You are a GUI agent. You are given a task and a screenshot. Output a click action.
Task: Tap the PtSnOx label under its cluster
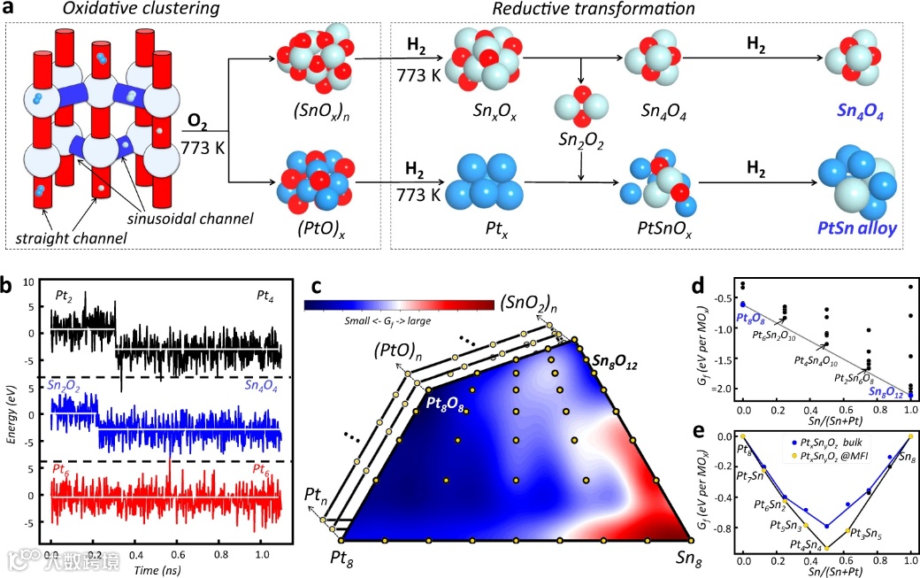tap(657, 230)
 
